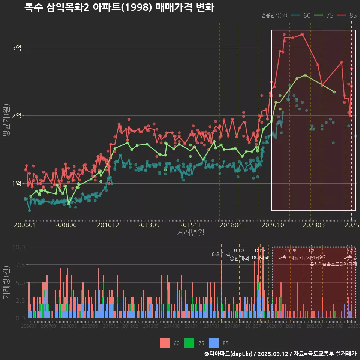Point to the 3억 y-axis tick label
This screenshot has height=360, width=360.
pyautogui.click(x=16, y=48)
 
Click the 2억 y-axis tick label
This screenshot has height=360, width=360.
pyautogui.click(x=16, y=115)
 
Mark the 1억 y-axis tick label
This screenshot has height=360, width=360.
pyautogui.click(x=16, y=183)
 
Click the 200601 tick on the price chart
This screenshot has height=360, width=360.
pyautogui.click(x=25, y=225)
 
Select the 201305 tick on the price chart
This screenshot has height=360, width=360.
pyautogui.click(x=148, y=225)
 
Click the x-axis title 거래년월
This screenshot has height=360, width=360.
pyautogui.click(x=190, y=232)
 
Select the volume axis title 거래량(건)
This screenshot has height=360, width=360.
pyautogui.click(x=6, y=283)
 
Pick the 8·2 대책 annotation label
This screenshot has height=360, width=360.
pyautogui.click(x=221, y=254)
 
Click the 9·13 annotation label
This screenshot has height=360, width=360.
pyautogui.click(x=239, y=250)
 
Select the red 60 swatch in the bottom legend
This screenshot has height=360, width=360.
pyautogui.click(x=165, y=343)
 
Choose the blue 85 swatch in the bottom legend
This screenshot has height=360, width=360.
pyautogui.click(x=213, y=343)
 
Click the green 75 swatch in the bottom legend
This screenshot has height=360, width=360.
pyautogui.click(x=189, y=343)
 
